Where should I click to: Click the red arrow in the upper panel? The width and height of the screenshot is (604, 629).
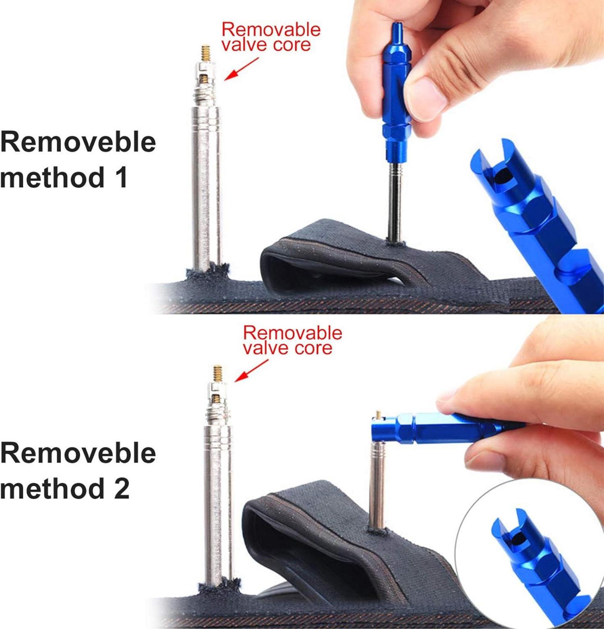(x=241, y=69)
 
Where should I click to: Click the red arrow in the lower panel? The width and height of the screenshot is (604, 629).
(x=252, y=370)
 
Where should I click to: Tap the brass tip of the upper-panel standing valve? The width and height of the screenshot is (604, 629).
(x=207, y=53)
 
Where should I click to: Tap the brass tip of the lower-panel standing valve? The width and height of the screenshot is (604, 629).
(x=218, y=374)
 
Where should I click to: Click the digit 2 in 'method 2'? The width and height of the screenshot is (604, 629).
(x=121, y=489)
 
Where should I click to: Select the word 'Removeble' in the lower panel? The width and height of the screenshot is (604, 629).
(x=78, y=453)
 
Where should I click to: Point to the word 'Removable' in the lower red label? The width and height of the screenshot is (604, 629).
(x=293, y=333)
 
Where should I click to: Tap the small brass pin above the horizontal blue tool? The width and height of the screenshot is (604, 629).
(x=378, y=414)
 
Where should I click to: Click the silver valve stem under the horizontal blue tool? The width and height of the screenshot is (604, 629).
(x=376, y=484)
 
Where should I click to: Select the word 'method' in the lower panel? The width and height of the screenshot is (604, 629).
(x=51, y=488)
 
